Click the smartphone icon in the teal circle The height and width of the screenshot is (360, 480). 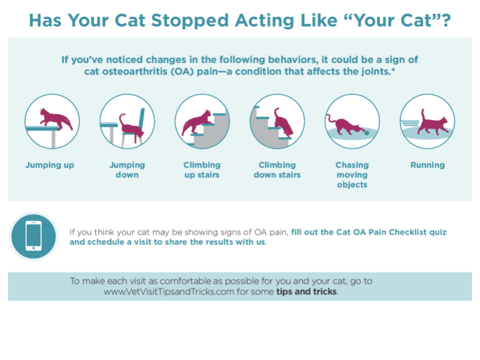(x=33, y=235)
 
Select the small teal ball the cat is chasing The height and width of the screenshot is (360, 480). (x=366, y=133)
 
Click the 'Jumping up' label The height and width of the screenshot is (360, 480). (x=49, y=165)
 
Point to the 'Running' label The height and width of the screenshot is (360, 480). (x=427, y=165)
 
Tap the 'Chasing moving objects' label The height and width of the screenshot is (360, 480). (x=352, y=175)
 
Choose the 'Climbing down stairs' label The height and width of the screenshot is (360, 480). (x=277, y=170)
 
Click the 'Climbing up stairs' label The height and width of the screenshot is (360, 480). (x=202, y=170)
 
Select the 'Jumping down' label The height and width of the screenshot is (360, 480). (x=127, y=170)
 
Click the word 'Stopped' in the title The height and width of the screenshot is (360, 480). (x=190, y=21)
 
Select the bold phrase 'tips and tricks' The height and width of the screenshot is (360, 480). (x=306, y=291)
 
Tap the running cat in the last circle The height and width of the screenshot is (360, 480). (x=433, y=123)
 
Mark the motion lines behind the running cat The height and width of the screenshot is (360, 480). (x=410, y=123)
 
